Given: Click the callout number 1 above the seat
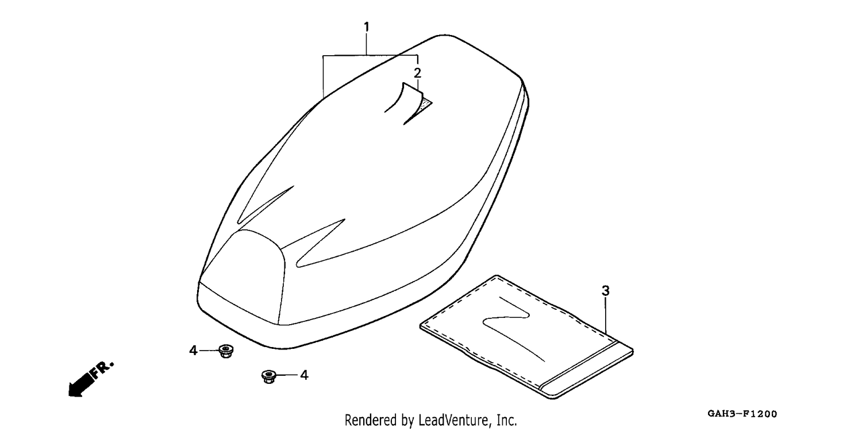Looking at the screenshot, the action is click(367, 28).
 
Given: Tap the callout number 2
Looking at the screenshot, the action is click(417, 73).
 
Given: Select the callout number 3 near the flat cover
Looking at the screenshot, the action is click(605, 291).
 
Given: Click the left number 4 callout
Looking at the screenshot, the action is click(193, 351).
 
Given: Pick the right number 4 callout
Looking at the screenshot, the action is click(304, 375).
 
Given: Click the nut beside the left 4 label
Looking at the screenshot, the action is click(226, 351).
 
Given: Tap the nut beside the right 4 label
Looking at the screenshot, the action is click(268, 376).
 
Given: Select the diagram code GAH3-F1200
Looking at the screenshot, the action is click(742, 414).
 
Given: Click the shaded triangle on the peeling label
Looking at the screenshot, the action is click(426, 103).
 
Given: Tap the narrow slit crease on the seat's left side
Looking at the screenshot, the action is click(265, 205).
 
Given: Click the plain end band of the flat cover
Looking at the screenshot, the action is click(587, 370).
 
